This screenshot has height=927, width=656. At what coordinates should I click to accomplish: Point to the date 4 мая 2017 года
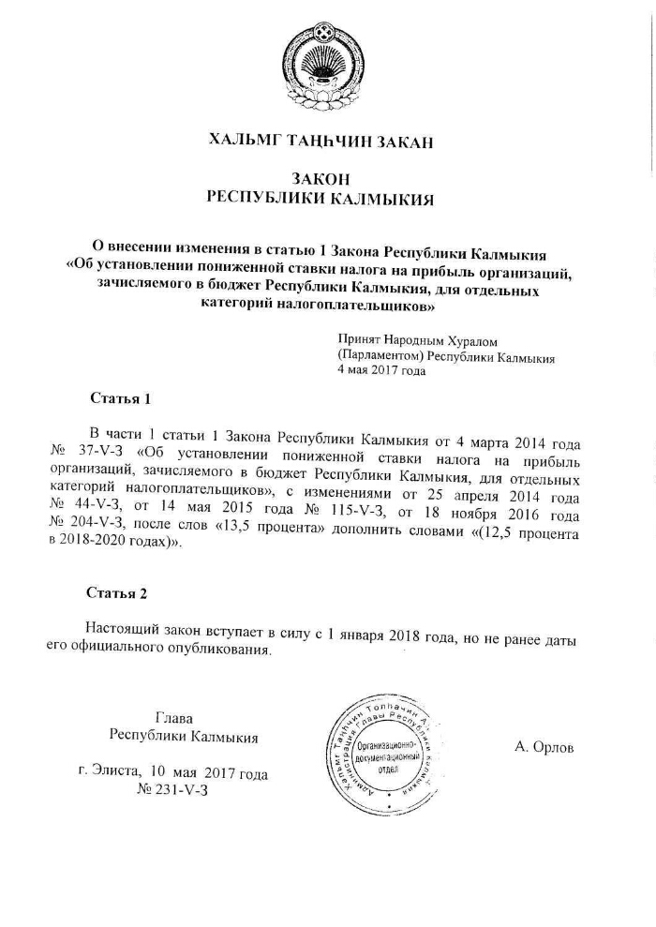click(x=381, y=370)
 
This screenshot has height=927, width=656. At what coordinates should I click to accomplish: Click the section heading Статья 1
click(x=120, y=398)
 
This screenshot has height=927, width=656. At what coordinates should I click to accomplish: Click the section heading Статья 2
click(x=117, y=592)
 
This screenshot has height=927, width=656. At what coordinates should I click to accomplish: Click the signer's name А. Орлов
click(x=544, y=747)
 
